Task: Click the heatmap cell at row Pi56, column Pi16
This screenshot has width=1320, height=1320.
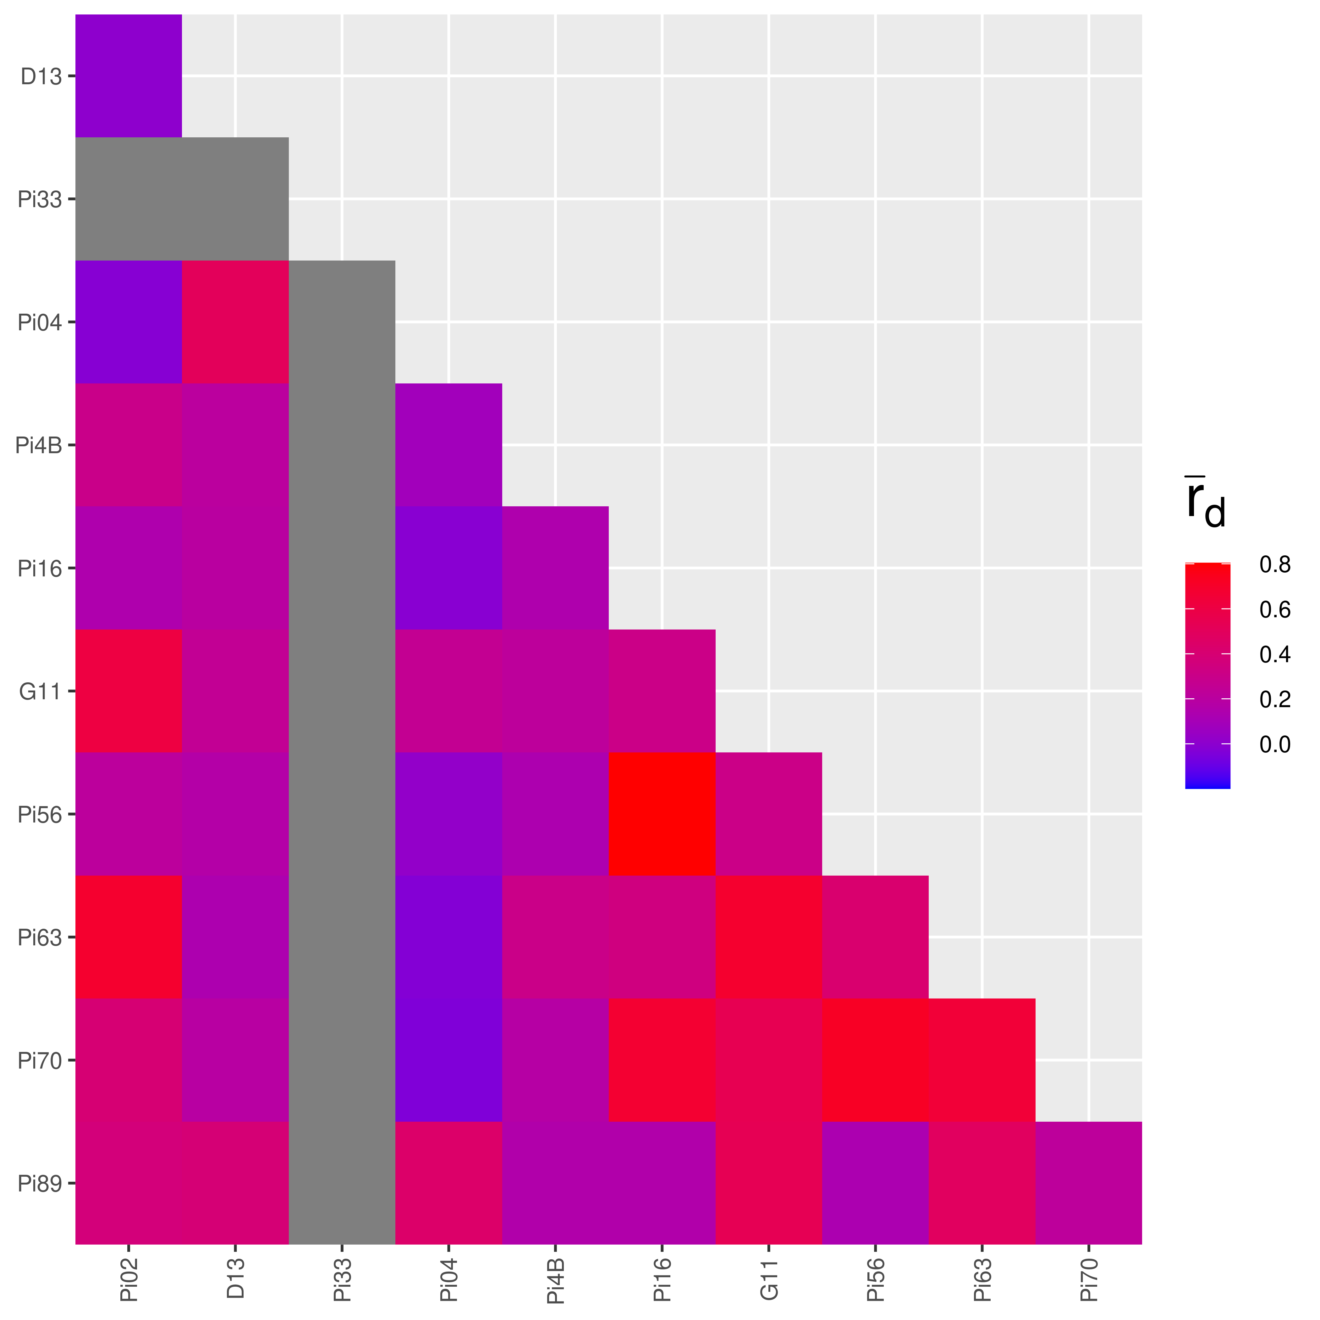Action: point(662,814)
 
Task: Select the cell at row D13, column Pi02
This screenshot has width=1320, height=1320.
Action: point(129,76)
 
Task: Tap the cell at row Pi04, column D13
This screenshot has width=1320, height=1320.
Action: point(235,322)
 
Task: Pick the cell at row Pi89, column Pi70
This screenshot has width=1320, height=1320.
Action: point(1088,1183)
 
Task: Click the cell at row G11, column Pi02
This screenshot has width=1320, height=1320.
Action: point(129,691)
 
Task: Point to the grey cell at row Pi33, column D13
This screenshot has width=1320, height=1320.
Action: point(235,199)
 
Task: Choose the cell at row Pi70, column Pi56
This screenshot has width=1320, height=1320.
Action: point(875,1060)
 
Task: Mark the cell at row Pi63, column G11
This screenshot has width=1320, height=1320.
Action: point(769,937)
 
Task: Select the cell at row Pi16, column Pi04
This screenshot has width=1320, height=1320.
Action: point(449,568)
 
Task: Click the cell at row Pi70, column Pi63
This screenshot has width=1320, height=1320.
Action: point(982,1060)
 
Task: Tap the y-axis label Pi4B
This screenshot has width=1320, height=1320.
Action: point(39,445)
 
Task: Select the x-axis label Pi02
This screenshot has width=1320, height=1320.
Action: point(129,1282)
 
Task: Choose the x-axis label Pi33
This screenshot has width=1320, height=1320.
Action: point(342,1282)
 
